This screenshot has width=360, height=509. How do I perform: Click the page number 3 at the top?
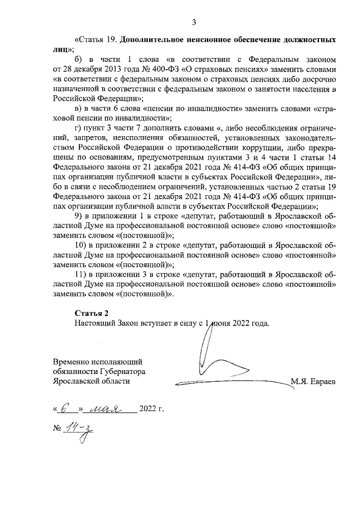(x=193, y=22)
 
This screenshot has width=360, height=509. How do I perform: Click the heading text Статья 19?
(x=97, y=40)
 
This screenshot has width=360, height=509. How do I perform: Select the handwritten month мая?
(x=109, y=408)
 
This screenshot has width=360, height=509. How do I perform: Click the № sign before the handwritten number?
(x=57, y=429)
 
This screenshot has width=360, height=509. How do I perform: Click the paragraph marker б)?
(x=79, y=59)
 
